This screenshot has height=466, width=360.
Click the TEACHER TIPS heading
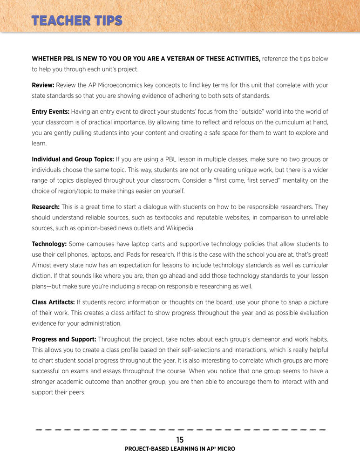(x=77, y=21)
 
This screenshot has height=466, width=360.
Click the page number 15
(x=180, y=439)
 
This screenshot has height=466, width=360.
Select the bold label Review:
(x=43, y=85)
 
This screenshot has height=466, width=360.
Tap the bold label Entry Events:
(x=50, y=112)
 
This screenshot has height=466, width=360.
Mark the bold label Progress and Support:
(x=64, y=339)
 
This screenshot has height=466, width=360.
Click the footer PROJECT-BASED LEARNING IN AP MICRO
(x=180, y=449)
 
